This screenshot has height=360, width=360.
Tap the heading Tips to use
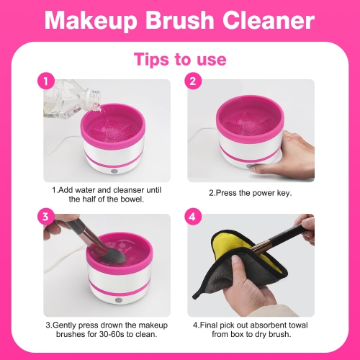(x=179, y=58)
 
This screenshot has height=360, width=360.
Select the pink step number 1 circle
(x=45, y=81)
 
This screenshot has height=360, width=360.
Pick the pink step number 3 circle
(x=45, y=215)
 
